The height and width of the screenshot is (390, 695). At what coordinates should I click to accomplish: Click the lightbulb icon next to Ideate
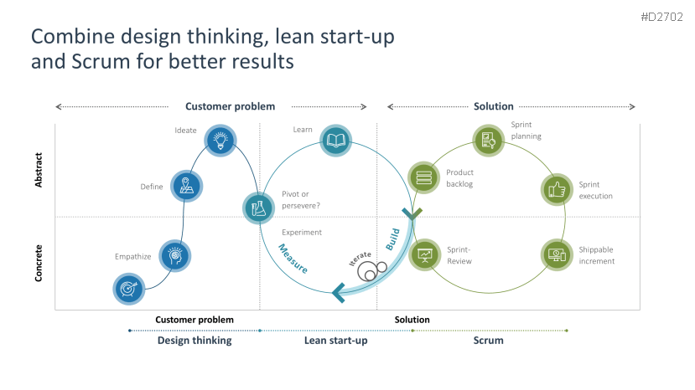click(x=220, y=140)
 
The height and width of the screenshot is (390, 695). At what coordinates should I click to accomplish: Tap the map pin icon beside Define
click(x=186, y=187)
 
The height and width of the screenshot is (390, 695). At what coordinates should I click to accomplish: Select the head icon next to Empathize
click(x=174, y=255)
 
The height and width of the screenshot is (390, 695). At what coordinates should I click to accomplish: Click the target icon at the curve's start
click(x=128, y=289)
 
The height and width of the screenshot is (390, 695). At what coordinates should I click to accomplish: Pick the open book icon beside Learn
click(x=336, y=140)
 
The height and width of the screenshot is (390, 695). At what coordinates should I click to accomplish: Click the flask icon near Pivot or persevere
click(x=259, y=208)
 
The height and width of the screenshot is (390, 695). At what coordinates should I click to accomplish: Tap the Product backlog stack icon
click(x=423, y=177)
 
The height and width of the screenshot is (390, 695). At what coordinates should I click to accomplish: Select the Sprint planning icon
click(x=487, y=141)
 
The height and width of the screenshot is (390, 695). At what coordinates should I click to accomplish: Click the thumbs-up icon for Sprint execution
click(x=556, y=189)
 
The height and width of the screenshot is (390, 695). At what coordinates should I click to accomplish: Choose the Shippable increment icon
click(x=557, y=254)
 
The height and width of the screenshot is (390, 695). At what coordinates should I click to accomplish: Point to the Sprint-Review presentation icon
click(x=424, y=254)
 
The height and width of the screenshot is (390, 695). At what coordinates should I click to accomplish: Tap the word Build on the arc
click(x=393, y=239)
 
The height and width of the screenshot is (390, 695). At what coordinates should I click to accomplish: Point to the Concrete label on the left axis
click(x=39, y=262)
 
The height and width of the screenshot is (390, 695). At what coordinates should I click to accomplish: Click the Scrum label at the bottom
click(x=488, y=341)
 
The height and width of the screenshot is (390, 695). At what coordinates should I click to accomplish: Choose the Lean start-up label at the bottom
click(x=335, y=341)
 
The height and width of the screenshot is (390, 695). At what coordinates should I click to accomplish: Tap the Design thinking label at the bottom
click(x=194, y=341)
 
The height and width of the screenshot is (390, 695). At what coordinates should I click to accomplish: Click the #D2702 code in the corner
click(x=662, y=17)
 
